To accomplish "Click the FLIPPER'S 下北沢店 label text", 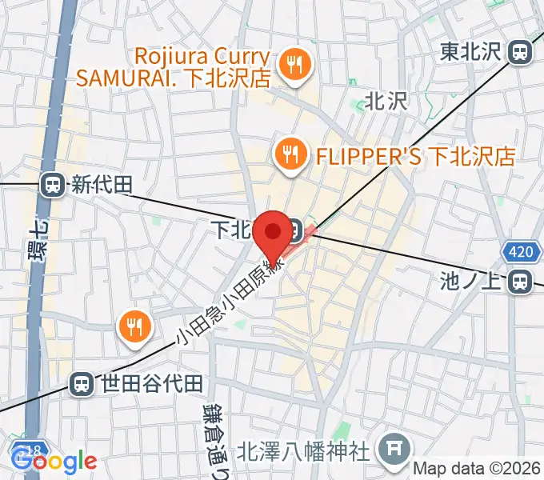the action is click(414, 155).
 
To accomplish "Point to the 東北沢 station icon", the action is click(521, 53).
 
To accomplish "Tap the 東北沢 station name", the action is click(470, 53).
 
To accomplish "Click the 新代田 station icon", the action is click(54, 186).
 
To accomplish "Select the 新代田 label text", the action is click(101, 186).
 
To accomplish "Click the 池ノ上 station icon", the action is click(521, 282).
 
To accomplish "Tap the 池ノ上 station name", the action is click(474, 282).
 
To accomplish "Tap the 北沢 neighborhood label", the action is click(386, 101).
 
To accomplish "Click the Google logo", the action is click(54, 461).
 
